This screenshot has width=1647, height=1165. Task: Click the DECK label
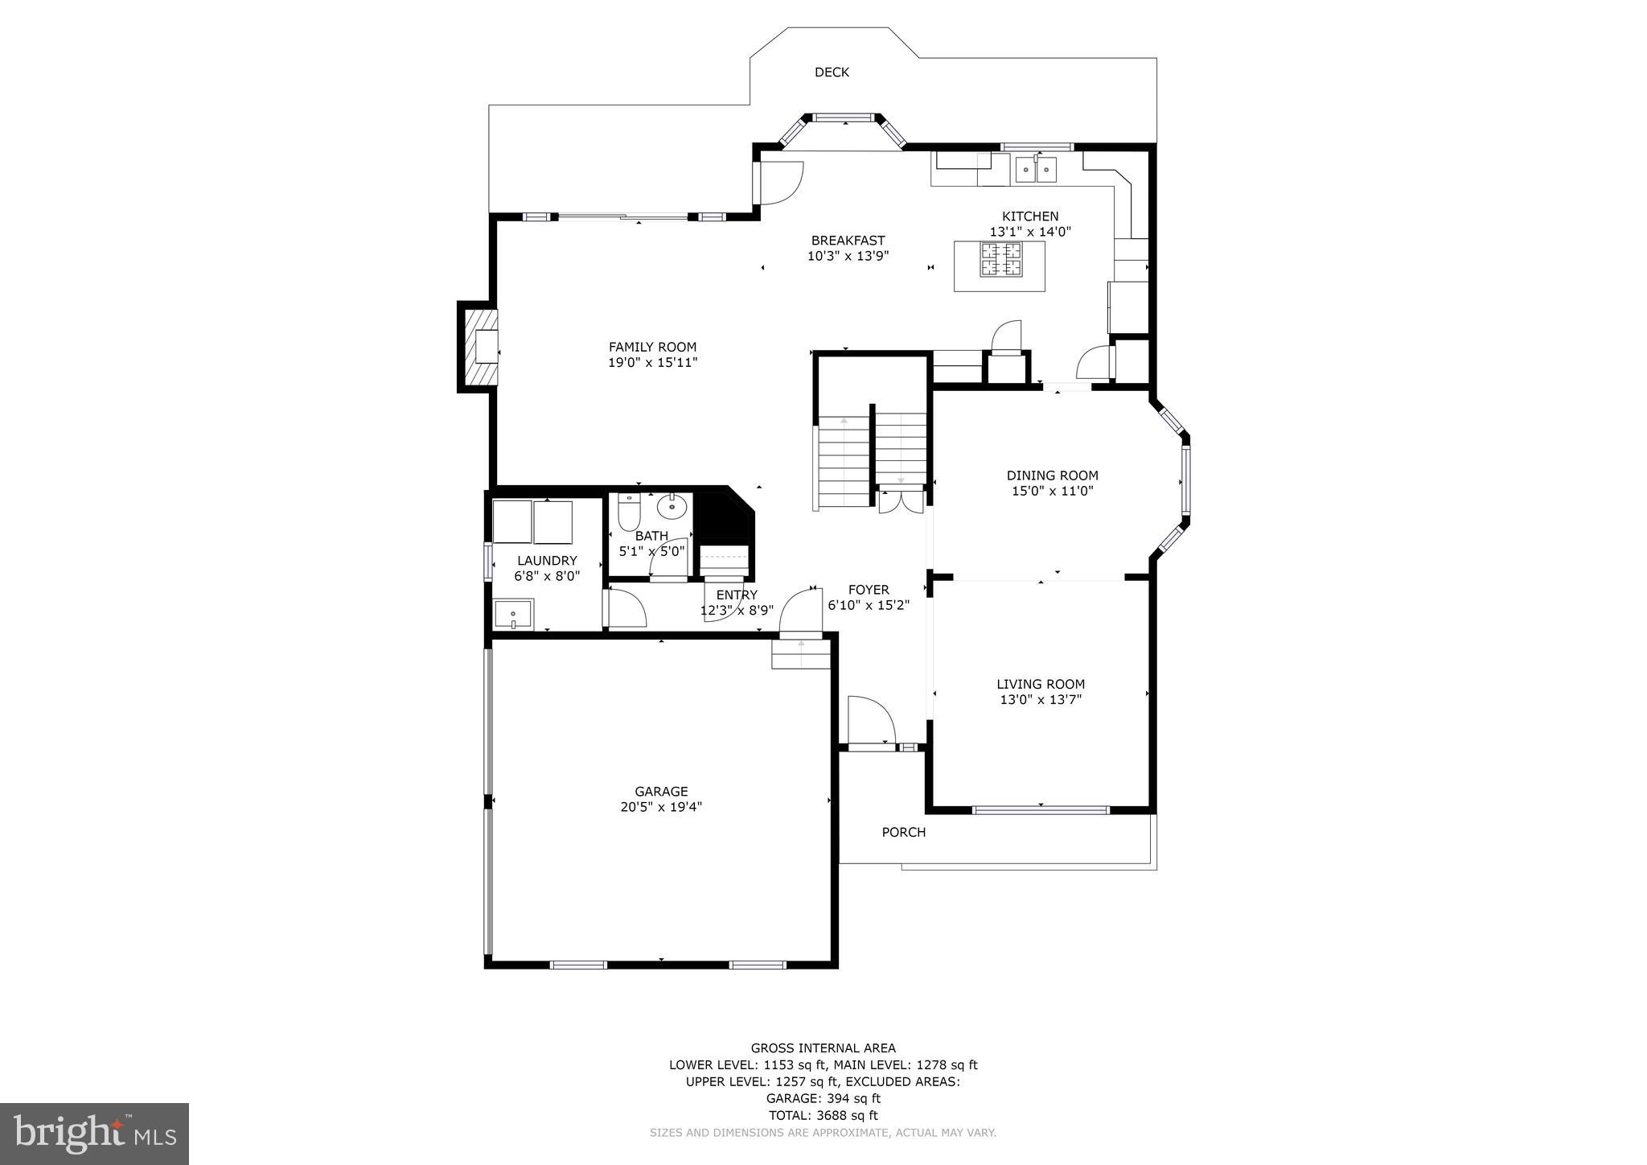coord(832,72)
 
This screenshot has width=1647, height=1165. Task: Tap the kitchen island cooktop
coord(1000,259)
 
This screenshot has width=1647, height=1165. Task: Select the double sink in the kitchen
coord(1036,170)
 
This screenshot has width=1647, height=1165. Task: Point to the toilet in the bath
coord(628,512)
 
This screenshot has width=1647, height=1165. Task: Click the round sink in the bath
coord(672,508)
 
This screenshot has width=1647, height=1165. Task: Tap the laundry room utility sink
coord(513,615)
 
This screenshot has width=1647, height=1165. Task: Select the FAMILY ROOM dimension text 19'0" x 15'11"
coord(652,363)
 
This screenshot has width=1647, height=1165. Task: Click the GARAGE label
coord(661,792)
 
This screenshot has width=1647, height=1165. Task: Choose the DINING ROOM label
coord(1052,475)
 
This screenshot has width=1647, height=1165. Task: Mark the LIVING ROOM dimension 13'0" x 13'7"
coord(1041,700)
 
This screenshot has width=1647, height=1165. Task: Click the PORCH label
coord(903,832)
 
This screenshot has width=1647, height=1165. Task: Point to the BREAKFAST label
coord(848,241)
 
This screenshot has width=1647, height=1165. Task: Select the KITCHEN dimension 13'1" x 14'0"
coord(1030,232)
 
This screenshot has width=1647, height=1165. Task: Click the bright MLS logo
coord(94,1134)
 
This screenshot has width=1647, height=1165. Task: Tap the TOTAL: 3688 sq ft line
coord(823,1116)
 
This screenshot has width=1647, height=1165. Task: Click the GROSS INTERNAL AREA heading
coord(823,1048)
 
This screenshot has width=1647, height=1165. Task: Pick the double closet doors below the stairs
coord(901,501)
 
